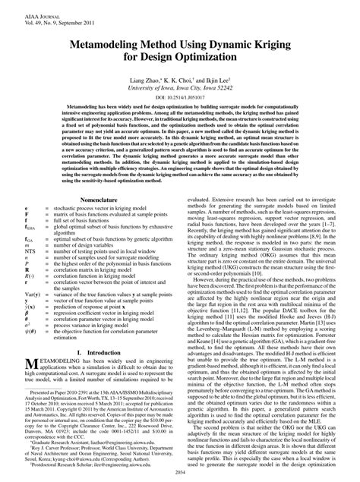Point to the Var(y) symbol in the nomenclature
click(x=11, y=288)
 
